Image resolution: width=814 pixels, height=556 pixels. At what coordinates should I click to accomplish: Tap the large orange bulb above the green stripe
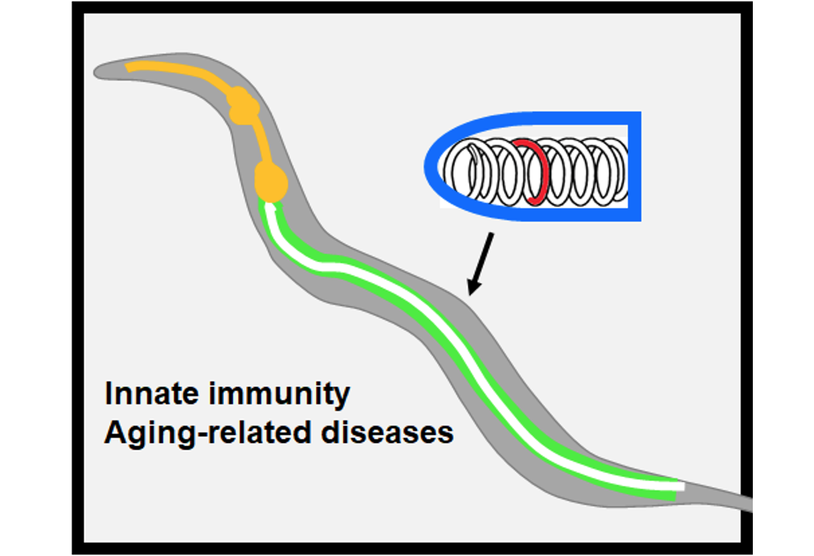271,181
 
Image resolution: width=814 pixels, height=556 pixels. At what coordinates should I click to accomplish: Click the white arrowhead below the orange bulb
271,208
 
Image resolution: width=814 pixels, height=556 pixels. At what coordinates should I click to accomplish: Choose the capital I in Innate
108,394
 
